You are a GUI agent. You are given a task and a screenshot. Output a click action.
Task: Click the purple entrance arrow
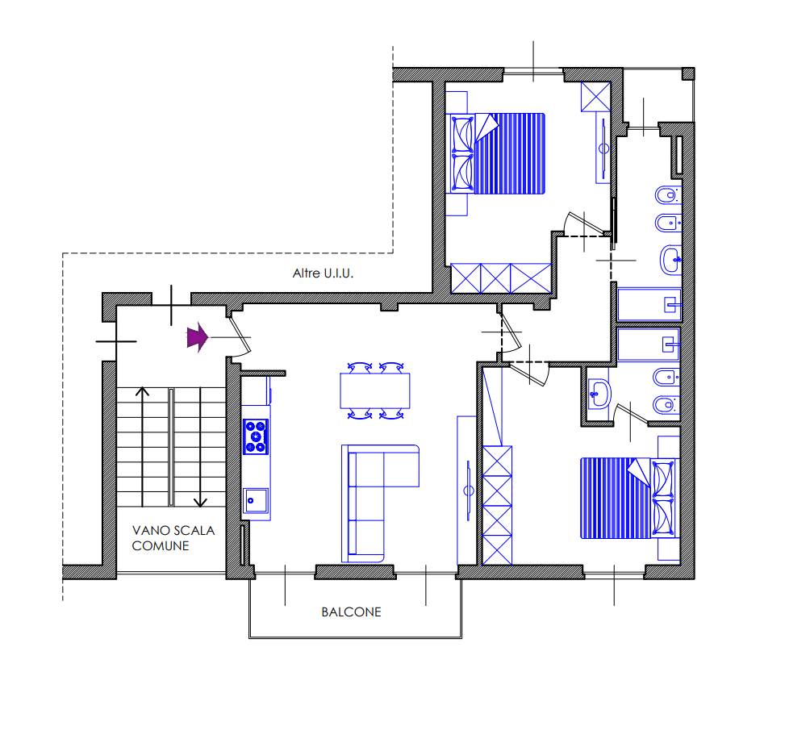[x=198, y=338]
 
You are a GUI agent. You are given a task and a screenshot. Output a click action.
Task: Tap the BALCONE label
[x=351, y=612]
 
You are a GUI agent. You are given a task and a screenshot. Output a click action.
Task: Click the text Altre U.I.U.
[x=323, y=273]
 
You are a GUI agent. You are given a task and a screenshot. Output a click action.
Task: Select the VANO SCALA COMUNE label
[x=173, y=538]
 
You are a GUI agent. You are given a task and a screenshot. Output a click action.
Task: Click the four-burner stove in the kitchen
[x=256, y=437]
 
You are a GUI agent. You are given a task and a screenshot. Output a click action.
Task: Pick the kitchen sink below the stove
[x=256, y=500]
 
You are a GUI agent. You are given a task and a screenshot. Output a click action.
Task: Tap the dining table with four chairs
[x=375, y=390]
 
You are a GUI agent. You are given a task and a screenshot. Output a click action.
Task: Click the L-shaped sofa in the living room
[x=380, y=503]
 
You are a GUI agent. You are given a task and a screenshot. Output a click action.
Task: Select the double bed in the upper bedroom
[x=495, y=153]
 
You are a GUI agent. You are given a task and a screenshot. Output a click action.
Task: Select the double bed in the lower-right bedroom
[x=629, y=498]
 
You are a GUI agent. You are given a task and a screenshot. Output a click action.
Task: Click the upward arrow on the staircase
[x=143, y=447]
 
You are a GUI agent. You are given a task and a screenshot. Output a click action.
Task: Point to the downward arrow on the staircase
[x=200, y=447]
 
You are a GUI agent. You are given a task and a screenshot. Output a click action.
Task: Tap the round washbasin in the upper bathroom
[x=671, y=260]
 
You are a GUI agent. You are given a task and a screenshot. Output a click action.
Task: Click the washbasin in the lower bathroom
[x=599, y=394]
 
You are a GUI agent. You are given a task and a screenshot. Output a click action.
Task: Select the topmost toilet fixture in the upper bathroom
[x=668, y=196]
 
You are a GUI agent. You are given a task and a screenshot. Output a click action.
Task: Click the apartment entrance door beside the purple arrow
[x=239, y=336]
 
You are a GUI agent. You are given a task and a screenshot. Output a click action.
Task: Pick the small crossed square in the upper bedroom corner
[x=595, y=97]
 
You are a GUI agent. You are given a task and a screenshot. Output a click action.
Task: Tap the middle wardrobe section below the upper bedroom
[x=495, y=278]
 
